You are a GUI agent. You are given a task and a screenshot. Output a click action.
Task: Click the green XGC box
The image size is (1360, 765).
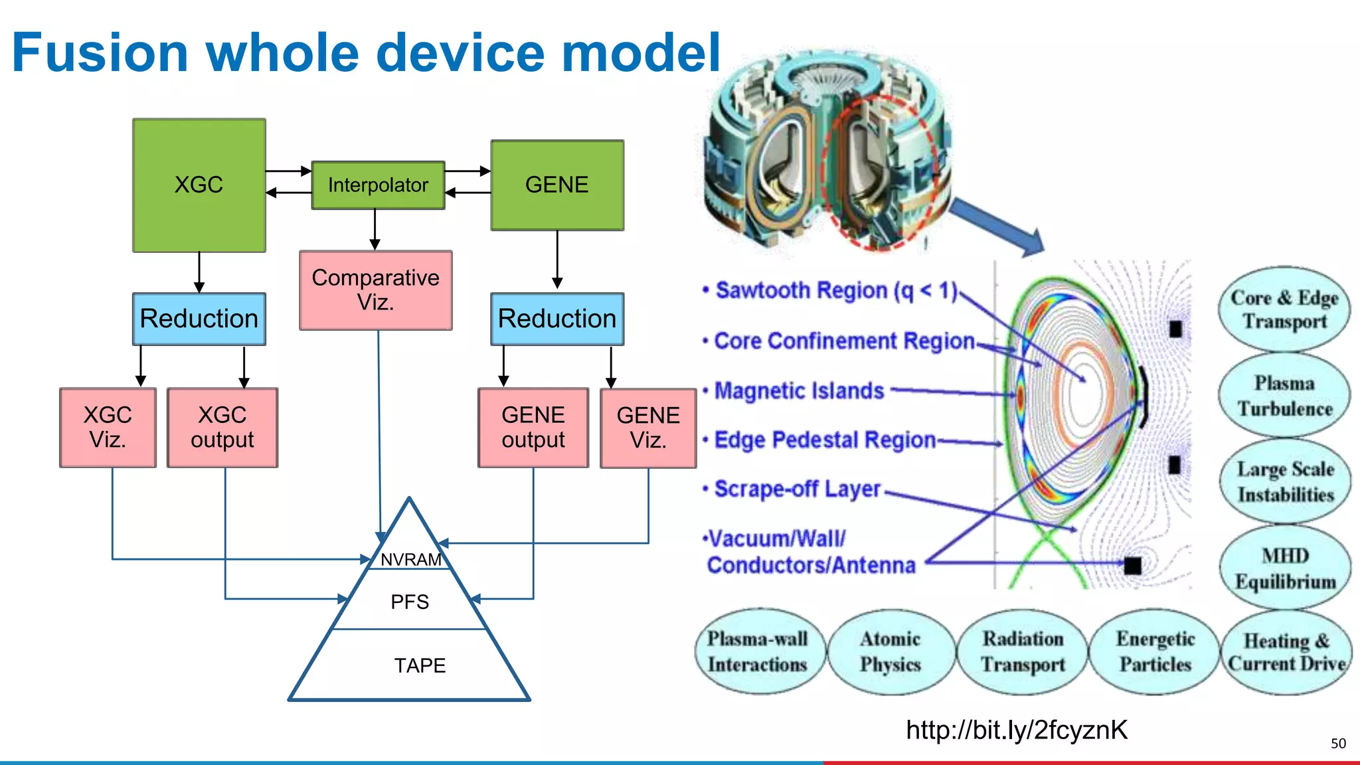click(199, 185)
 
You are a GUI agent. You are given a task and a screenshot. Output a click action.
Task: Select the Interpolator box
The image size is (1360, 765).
click(378, 185)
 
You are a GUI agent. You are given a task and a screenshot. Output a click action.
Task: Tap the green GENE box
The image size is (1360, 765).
click(556, 185)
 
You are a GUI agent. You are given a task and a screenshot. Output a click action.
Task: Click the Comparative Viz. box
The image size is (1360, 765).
click(375, 290)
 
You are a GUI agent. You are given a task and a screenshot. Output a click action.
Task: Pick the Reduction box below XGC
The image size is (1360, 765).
click(199, 319)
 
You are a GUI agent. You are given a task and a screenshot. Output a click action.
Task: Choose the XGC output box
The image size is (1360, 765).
click(222, 428)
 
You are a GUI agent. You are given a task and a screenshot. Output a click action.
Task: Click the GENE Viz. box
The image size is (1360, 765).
click(648, 428)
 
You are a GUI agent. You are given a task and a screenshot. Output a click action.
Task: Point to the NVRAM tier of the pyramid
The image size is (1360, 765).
click(411, 559)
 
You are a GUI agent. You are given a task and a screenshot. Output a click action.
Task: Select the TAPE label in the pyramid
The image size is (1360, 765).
click(420, 665)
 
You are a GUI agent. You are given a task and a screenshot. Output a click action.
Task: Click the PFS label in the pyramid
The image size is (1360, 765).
click(410, 602)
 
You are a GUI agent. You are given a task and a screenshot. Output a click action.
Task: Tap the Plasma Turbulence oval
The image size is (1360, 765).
click(1284, 396)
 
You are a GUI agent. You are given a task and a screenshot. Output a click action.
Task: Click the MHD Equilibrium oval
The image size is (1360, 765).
click(1285, 568)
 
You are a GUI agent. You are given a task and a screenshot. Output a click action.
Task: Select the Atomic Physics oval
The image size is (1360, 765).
click(890, 651)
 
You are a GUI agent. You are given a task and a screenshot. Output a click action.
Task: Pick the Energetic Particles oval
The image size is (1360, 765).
click(1155, 651)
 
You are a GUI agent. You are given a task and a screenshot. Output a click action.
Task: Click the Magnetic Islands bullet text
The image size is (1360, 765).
click(799, 390)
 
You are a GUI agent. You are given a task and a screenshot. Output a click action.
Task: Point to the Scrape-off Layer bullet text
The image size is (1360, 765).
click(797, 489)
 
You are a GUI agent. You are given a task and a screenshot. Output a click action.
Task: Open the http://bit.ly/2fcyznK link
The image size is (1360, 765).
click(1017, 730)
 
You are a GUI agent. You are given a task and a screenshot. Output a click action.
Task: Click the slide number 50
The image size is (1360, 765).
click(1338, 744)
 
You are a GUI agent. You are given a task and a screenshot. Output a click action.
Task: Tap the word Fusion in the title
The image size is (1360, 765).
click(100, 52)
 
